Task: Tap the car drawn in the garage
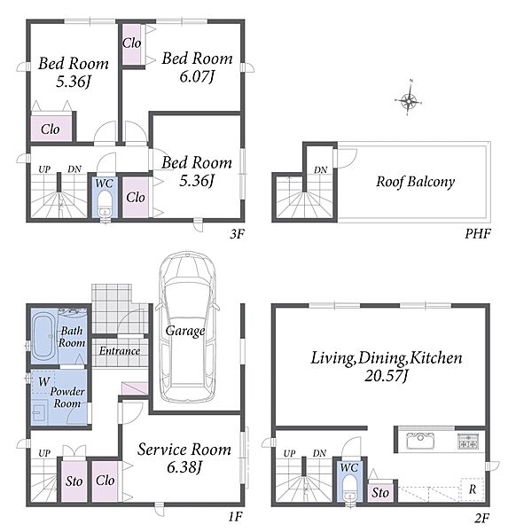(186, 326)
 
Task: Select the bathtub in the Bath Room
(43, 336)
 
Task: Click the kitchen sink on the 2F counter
(420, 441)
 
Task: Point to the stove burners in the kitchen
(467, 441)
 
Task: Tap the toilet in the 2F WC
(349, 489)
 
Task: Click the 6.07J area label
(197, 76)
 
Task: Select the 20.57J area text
(386, 376)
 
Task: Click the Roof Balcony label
(415, 182)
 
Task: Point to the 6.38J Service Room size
(184, 467)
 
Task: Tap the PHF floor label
(478, 233)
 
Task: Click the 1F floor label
(235, 517)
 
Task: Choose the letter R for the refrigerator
(473, 489)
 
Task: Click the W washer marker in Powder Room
(44, 381)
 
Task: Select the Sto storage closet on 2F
(380, 492)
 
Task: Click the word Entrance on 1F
(120, 350)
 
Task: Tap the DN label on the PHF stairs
(320, 169)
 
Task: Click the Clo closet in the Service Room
(105, 481)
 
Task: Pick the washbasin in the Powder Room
(40, 411)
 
